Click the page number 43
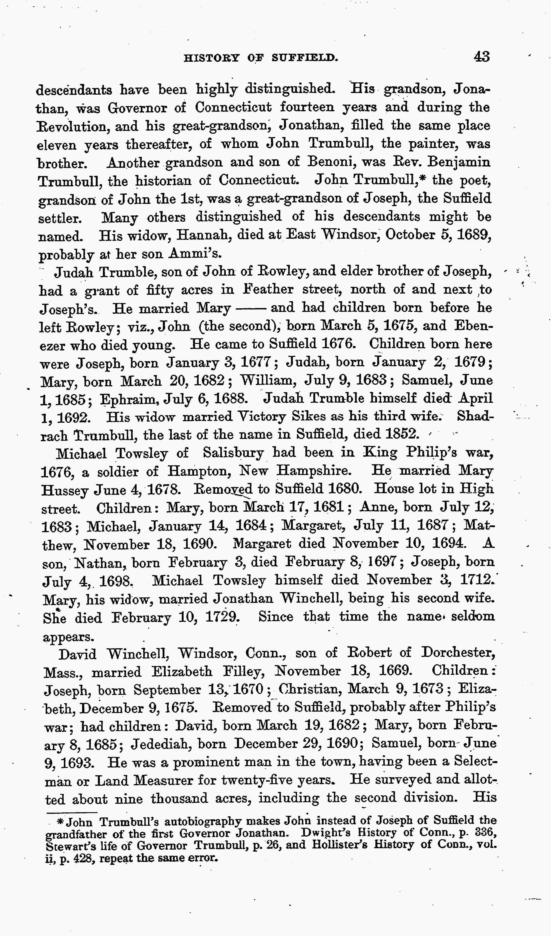coord(481,57)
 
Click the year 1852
coord(403,434)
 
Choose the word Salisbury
coord(233,453)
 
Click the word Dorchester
coord(457,653)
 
